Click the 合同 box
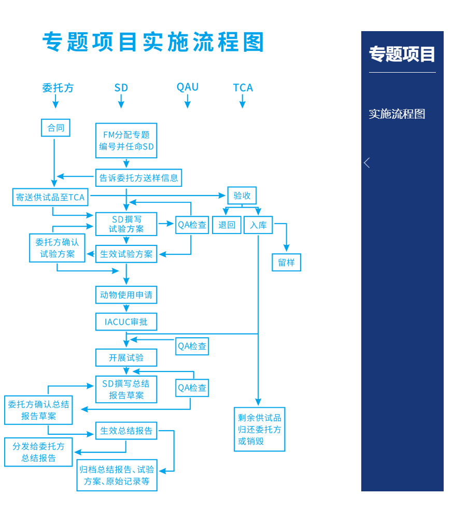click(55, 128)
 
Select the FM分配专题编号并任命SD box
click(126, 141)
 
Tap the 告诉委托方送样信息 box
click(139, 177)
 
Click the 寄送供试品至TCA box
click(50, 197)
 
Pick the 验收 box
click(242, 196)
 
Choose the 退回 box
click(227, 225)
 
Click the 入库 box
click(258, 225)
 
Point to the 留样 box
click(286, 263)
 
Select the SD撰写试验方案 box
click(126, 224)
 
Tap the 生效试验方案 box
click(126, 254)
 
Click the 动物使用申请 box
click(126, 295)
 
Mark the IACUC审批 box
click(126, 322)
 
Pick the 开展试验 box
click(126, 357)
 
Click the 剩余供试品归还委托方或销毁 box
click(260, 429)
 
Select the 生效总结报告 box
click(126, 431)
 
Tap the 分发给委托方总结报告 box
click(39, 452)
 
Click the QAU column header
click(188, 87)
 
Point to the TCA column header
click(243, 88)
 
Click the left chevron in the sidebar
click(367, 163)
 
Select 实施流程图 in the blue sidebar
click(397, 114)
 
